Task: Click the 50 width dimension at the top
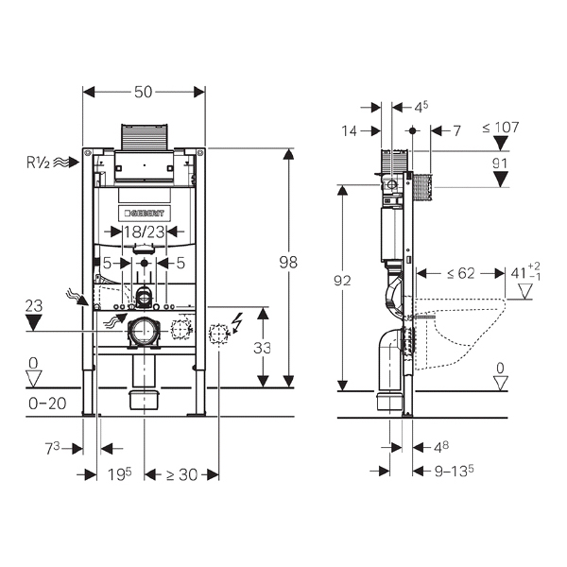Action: coord(144,93)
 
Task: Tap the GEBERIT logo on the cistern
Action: coord(145,214)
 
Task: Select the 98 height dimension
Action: coord(288,262)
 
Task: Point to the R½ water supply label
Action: coord(39,163)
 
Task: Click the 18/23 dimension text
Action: coord(145,232)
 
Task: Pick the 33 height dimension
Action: coord(262,348)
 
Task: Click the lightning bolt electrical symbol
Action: coord(237,322)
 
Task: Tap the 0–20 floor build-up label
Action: coord(47,404)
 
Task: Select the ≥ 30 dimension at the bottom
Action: coord(181,474)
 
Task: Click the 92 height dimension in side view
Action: coord(342,281)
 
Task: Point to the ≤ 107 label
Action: coord(501,128)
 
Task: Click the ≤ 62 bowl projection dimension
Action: coord(461,273)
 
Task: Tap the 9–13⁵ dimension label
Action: coord(455,471)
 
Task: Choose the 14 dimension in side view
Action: coord(350,131)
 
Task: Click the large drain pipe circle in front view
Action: coord(145,331)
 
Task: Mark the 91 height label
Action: coord(500,163)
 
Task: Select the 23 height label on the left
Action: coord(34,306)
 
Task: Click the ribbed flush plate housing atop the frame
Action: coord(145,136)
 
